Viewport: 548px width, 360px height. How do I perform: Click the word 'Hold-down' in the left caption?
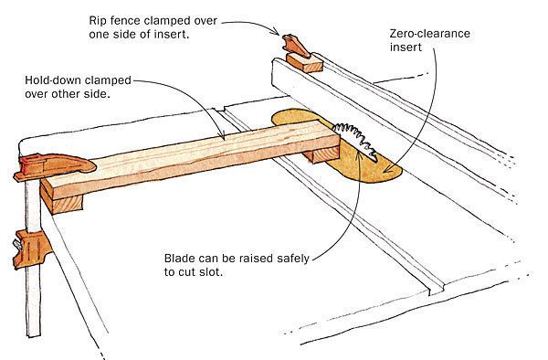pyautogui.click(x=54, y=80)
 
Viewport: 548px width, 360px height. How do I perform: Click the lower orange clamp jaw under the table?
pyautogui.click(x=31, y=247)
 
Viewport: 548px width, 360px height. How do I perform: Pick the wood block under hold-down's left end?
pyautogui.click(x=68, y=202)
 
